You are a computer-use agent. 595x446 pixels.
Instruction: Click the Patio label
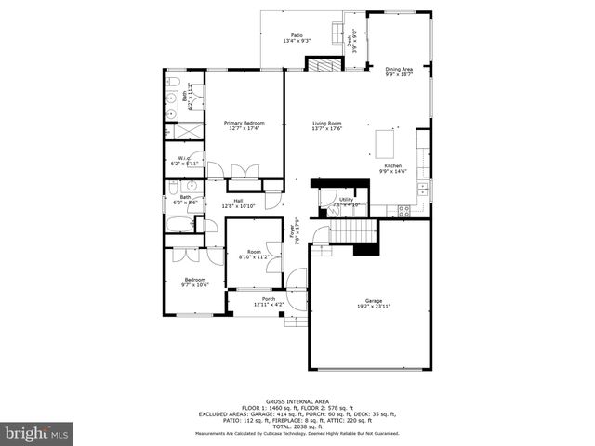[x=297, y=34]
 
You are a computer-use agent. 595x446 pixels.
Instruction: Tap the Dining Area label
[x=399, y=69]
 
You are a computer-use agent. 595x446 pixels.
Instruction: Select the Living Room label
[x=326, y=123]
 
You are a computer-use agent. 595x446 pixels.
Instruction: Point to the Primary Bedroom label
[x=244, y=123]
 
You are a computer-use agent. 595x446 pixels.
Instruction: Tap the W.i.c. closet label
[x=185, y=158]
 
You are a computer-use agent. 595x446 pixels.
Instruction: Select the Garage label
[x=374, y=301]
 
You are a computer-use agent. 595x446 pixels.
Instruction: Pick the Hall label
[x=238, y=201]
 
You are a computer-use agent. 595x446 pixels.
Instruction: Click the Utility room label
[x=347, y=199]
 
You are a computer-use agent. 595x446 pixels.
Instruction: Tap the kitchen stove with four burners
[x=404, y=210]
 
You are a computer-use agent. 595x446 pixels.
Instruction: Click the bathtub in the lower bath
[x=179, y=224]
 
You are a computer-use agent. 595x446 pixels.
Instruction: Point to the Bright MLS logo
[x=37, y=433]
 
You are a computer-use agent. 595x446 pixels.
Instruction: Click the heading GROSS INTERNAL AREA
[x=297, y=401]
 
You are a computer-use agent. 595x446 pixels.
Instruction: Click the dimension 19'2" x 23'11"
[x=374, y=307]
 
